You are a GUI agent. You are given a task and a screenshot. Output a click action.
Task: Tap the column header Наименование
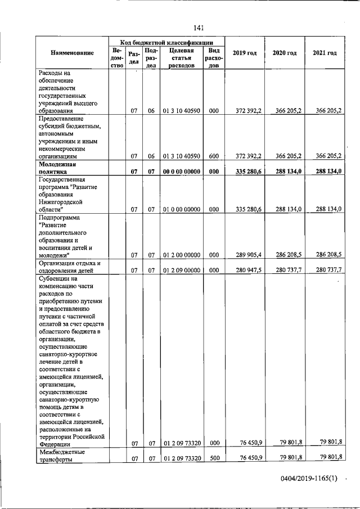coord(72,53)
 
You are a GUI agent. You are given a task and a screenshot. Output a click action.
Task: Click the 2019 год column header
coord(244,53)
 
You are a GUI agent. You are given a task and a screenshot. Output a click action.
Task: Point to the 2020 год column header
coord(284,53)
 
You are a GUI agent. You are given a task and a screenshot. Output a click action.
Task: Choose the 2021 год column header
coord(325,53)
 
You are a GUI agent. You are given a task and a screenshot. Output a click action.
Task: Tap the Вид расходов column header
coord(213,57)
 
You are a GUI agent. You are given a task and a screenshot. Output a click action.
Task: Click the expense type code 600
coord(213,156)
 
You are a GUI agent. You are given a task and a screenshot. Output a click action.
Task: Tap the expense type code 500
coord(213,458)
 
